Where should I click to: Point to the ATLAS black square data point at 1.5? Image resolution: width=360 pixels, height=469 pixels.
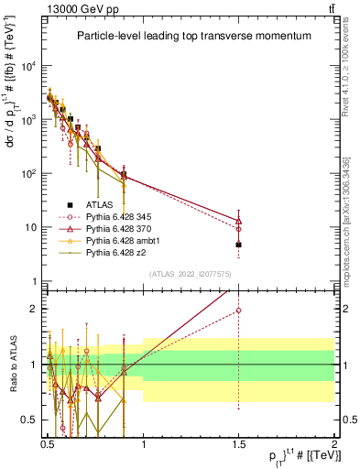click(x=238, y=245)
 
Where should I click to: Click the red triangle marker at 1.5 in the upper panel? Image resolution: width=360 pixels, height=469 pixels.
click(x=238, y=221)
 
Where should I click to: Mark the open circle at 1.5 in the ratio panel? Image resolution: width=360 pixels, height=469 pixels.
click(x=238, y=311)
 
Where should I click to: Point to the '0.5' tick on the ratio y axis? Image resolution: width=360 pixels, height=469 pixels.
click(x=32, y=420)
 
